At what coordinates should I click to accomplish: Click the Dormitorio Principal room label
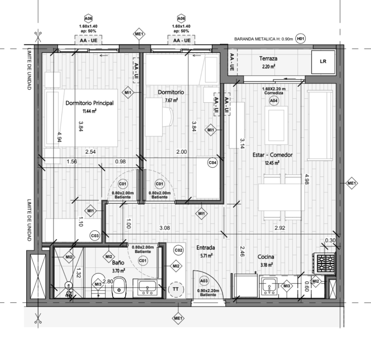(x=89, y=103)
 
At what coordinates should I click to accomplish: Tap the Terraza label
(x=268, y=59)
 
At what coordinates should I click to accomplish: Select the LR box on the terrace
(x=323, y=62)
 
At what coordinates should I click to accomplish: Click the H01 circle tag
(x=300, y=38)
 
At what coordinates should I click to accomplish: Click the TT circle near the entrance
(x=176, y=289)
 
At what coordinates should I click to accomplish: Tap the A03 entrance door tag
(x=204, y=281)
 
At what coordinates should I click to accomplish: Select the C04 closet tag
(x=212, y=163)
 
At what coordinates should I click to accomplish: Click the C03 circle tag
(x=95, y=236)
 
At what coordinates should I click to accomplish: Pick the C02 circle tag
(x=178, y=250)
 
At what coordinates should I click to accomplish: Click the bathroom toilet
(x=119, y=287)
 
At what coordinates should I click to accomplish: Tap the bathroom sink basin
(x=147, y=287)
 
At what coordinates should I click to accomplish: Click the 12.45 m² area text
(x=272, y=163)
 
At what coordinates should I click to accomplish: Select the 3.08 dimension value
(x=165, y=228)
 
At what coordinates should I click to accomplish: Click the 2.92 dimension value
(x=280, y=228)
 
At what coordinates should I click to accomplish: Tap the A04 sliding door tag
(x=274, y=101)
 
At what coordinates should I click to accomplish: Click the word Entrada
(x=206, y=248)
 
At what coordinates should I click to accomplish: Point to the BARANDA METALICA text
(x=255, y=39)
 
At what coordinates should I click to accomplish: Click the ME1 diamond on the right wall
(x=351, y=183)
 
